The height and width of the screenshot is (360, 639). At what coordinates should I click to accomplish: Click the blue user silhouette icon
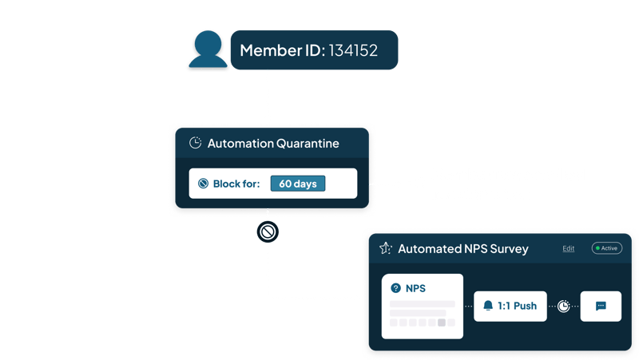[x=207, y=50]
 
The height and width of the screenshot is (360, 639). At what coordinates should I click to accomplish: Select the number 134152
[x=351, y=51]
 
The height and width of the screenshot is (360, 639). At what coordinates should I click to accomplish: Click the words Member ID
[x=280, y=51]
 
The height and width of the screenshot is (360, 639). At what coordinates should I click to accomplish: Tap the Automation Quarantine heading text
[x=273, y=144]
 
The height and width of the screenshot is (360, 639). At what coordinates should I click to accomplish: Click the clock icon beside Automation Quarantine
[x=195, y=144]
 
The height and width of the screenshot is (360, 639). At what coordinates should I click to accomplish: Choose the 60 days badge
[x=297, y=184]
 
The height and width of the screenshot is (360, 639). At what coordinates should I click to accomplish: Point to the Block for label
[x=237, y=184]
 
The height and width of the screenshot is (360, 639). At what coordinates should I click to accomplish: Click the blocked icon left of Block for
[x=203, y=184]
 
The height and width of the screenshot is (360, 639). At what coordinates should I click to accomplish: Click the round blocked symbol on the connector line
[x=267, y=232]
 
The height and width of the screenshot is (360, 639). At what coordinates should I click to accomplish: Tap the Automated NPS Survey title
[x=463, y=248]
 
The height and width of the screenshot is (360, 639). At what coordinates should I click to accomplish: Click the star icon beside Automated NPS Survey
[x=385, y=248]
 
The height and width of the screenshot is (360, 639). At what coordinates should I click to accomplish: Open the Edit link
[x=568, y=248]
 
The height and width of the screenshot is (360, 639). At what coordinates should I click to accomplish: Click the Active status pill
[x=606, y=248]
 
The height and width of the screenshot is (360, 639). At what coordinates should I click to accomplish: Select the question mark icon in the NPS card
[x=395, y=288]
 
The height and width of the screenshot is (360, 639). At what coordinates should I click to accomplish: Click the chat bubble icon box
[x=601, y=306]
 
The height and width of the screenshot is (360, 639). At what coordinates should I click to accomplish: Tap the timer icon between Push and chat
[x=564, y=306]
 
